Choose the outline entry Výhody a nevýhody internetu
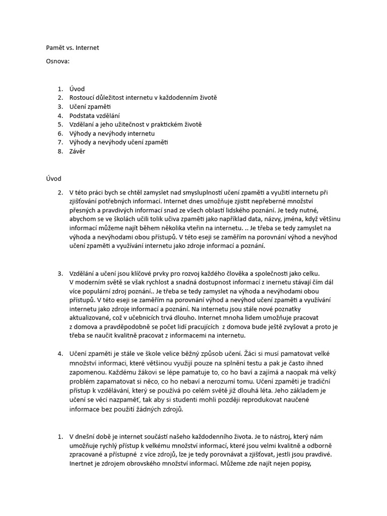coord(112,133)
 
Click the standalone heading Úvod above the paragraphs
coord(53,178)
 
